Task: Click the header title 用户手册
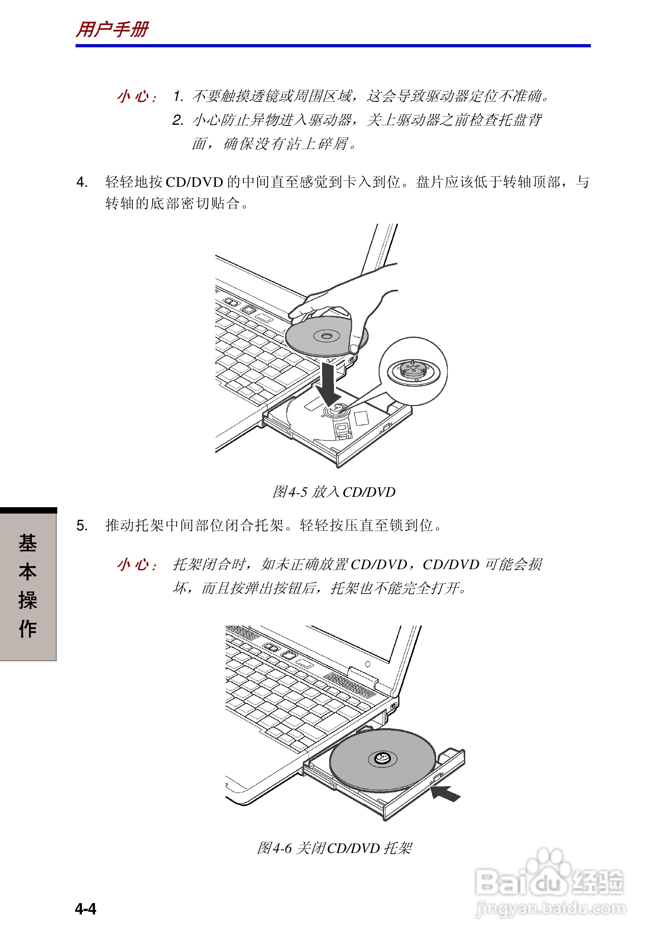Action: pos(112,30)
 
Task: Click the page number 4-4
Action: pos(86,909)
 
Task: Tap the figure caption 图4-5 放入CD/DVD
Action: pos(333,492)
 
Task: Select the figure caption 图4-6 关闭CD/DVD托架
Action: pos(334,848)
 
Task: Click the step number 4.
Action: pos(82,182)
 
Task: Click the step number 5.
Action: pos(82,526)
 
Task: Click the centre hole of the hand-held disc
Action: pos(326,336)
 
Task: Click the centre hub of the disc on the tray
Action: pos(383,757)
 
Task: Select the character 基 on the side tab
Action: pos(27,543)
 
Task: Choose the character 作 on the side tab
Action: pos(27,629)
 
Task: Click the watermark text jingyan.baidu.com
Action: pos(550,908)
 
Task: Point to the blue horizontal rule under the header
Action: pos(333,46)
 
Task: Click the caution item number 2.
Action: pos(178,120)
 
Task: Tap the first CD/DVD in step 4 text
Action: pos(194,182)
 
